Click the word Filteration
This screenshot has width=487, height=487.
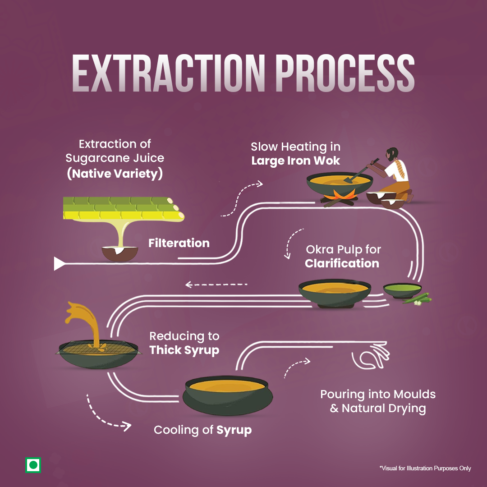tap(179, 243)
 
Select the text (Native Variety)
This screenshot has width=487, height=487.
tap(115, 173)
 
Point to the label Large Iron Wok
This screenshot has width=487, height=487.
tap(295, 161)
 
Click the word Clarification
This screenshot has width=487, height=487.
tap(342, 263)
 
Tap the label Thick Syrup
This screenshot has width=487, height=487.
tap(184, 350)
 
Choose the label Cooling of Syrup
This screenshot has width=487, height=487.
tap(202, 430)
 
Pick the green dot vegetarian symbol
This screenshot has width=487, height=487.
tap(33, 465)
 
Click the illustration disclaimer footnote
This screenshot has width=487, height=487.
tap(425, 469)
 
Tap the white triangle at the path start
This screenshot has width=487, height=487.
tap(59, 263)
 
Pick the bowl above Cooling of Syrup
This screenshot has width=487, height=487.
tap(229, 394)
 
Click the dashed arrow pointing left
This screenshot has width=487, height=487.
tap(216, 285)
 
